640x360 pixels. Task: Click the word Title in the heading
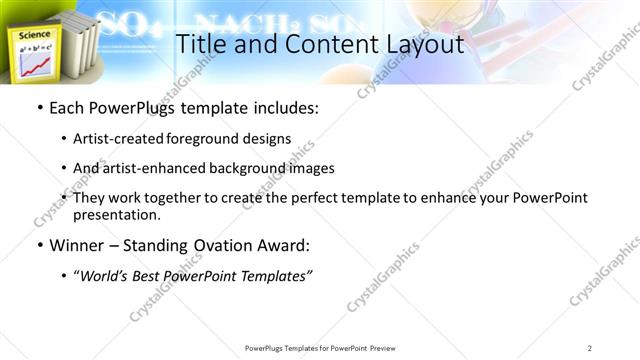tap(199, 44)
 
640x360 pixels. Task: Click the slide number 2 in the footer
tap(589, 348)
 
